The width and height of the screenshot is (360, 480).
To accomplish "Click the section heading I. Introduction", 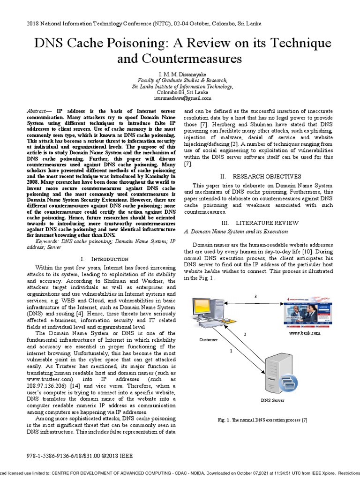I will point(104,259).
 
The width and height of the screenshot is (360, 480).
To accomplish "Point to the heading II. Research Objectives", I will point(267,176).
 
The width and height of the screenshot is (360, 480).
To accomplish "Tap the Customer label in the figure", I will point(209,339).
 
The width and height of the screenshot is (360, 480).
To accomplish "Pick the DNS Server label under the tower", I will point(272,400).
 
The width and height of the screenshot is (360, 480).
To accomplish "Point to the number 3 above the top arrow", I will point(255,296).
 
